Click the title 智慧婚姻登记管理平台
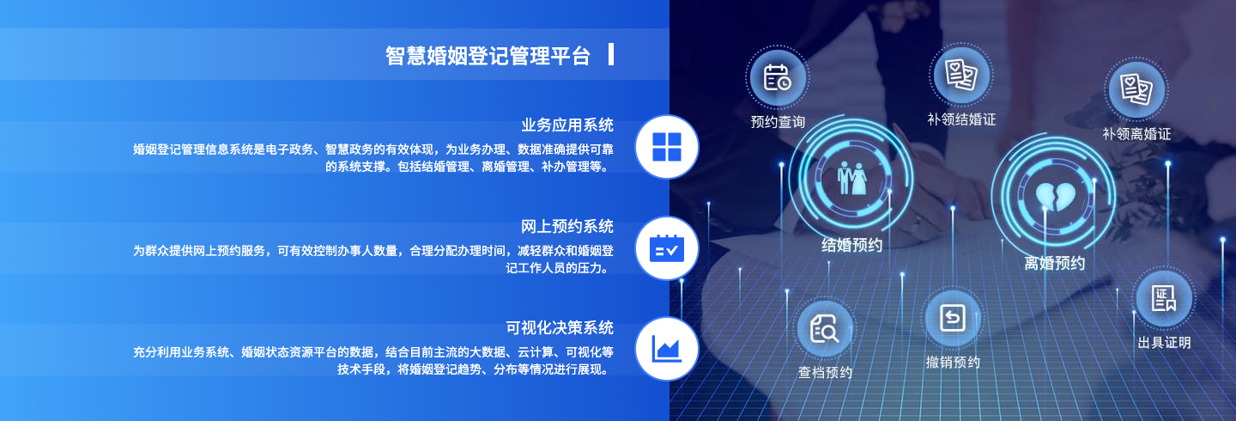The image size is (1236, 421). pos(488,56)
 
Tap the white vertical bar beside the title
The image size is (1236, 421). pos(611,54)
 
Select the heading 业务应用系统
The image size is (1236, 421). pos(567,125)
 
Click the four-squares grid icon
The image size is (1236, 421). pos(667,147)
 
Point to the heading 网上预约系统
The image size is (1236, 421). pos(567,227)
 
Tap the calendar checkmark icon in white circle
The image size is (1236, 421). pos(667,248)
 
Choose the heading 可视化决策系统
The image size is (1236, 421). pos(560,327)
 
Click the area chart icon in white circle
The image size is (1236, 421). pos(667,349)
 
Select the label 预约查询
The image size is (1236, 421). pos(778,122)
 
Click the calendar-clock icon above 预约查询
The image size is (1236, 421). pos(778,77)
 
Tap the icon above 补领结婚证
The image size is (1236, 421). pos(960,75)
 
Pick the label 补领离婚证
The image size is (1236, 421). pos(1136,134)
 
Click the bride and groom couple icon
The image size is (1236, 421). pos(852,178)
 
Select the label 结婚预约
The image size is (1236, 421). pos(852,245)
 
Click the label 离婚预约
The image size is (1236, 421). pos(1054,263)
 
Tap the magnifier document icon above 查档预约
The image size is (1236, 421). pos(824,329)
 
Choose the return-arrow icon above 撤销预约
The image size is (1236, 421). pos(953,318)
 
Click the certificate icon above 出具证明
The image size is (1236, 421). pos(1164,298)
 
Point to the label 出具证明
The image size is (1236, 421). pos(1164,343)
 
